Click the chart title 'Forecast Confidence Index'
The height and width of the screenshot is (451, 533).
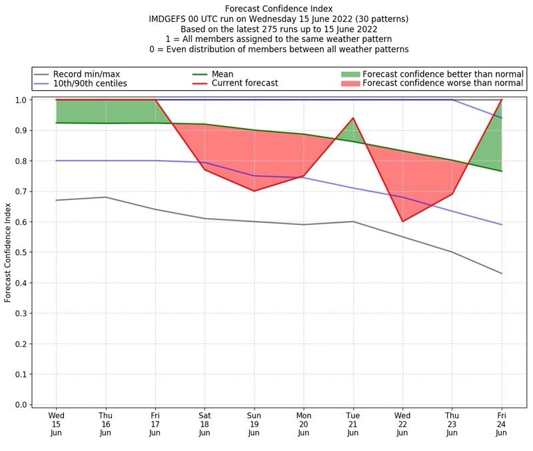(x=278, y=9)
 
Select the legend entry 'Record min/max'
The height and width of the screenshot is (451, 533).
(x=86, y=74)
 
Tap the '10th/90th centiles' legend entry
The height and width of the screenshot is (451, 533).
(x=90, y=83)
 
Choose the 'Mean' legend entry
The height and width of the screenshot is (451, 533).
(x=223, y=74)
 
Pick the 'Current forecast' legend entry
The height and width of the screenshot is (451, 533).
(x=245, y=83)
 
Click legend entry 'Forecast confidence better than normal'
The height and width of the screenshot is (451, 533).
(x=442, y=74)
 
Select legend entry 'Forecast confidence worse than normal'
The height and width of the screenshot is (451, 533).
(x=442, y=83)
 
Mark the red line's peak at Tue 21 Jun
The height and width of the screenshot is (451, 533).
(x=352, y=118)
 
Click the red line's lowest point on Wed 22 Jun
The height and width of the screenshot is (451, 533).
(x=402, y=221)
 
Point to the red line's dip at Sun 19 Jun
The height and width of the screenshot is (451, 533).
(x=254, y=191)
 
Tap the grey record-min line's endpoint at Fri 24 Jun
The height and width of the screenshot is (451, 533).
(x=501, y=274)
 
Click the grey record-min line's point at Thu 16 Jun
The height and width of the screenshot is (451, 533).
(x=105, y=197)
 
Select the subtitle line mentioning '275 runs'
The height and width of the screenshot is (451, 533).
(x=278, y=29)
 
